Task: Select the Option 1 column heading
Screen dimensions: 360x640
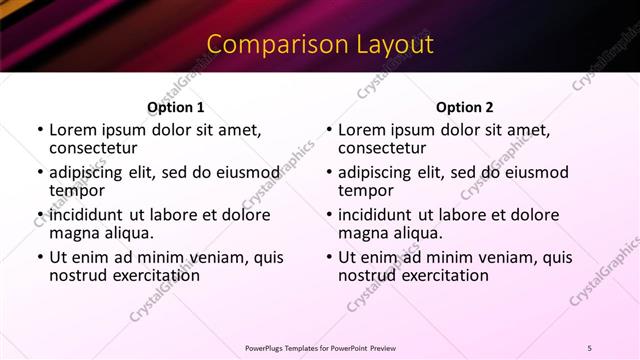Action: (x=176, y=107)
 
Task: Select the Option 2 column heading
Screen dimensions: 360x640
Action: (x=465, y=107)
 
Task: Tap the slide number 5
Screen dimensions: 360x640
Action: (x=589, y=347)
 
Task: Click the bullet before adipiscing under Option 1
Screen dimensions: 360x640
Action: (x=40, y=172)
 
